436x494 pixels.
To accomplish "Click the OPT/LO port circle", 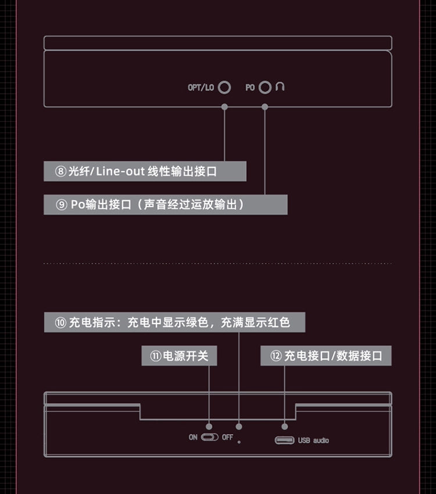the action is pyautogui.click(x=224, y=81).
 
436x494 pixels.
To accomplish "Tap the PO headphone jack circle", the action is pyautogui.click(x=265, y=81).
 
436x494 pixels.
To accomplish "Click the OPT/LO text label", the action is pyautogui.click(x=201, y=88).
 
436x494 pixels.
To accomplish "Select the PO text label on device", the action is pyautogui.click(x=250, y=88).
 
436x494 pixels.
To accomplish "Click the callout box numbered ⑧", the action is pyautogui.click(x=145, y=171).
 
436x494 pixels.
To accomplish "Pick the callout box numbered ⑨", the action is pyautogui.click(x=166, y=204).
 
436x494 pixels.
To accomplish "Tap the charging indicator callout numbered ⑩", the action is pyautogui.click(x=175, y=322).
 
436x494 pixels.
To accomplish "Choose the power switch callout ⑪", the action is pyautogui.click(x=179, y=356).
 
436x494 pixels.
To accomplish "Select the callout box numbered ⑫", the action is pyautogui.click(x=326, y=356).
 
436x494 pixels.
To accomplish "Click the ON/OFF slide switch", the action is pyautogui.click(x=210, y=438).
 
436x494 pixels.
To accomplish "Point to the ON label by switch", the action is pyautogui.click(x=193, y=438).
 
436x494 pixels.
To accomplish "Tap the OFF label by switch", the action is pyautogui.click(x=227, y=438).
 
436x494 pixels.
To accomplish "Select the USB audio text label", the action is pyautogui.click(x=313, y=440).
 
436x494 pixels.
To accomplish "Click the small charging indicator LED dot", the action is pyautogui.click(x=239, y=442).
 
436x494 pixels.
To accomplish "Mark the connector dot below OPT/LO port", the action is pyautogui.click(x=224, y=107).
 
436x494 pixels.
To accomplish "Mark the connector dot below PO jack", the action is pyautogui.click(x=265, y=107).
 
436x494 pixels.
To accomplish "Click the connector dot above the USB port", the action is pyautogui.click(x=285, y=427).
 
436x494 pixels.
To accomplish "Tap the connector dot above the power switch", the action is pyautogui.click(x=209, y=427).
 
